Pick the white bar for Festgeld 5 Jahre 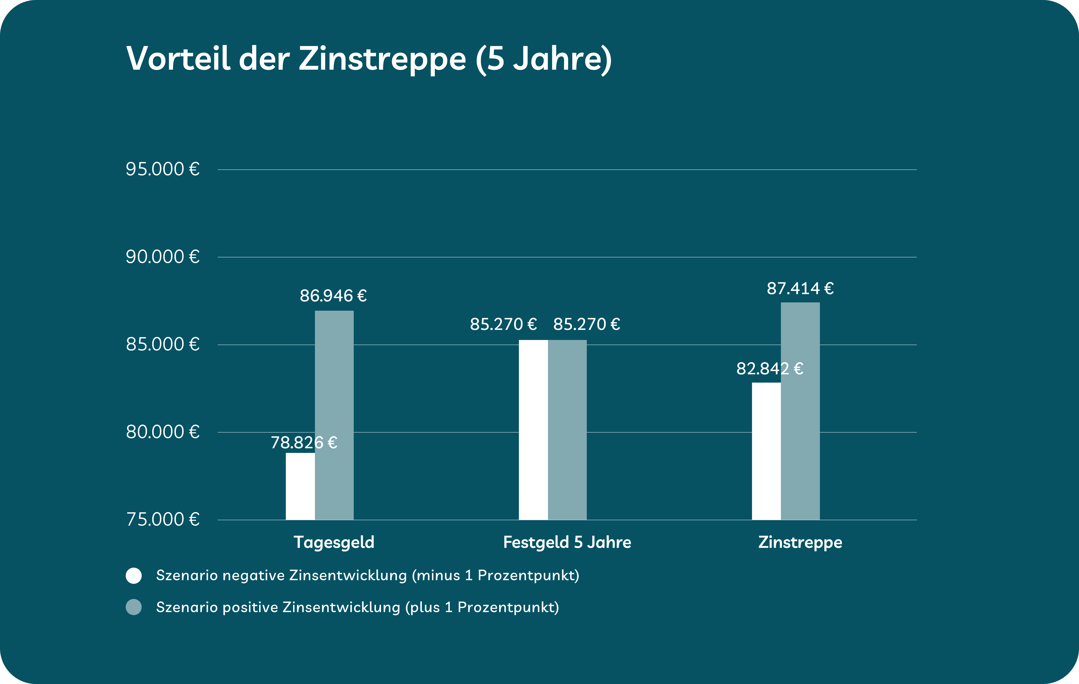click(x=533, y=430)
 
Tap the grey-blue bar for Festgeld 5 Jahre click(x=567, y=430)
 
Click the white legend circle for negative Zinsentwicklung click(x=134, y=576)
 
